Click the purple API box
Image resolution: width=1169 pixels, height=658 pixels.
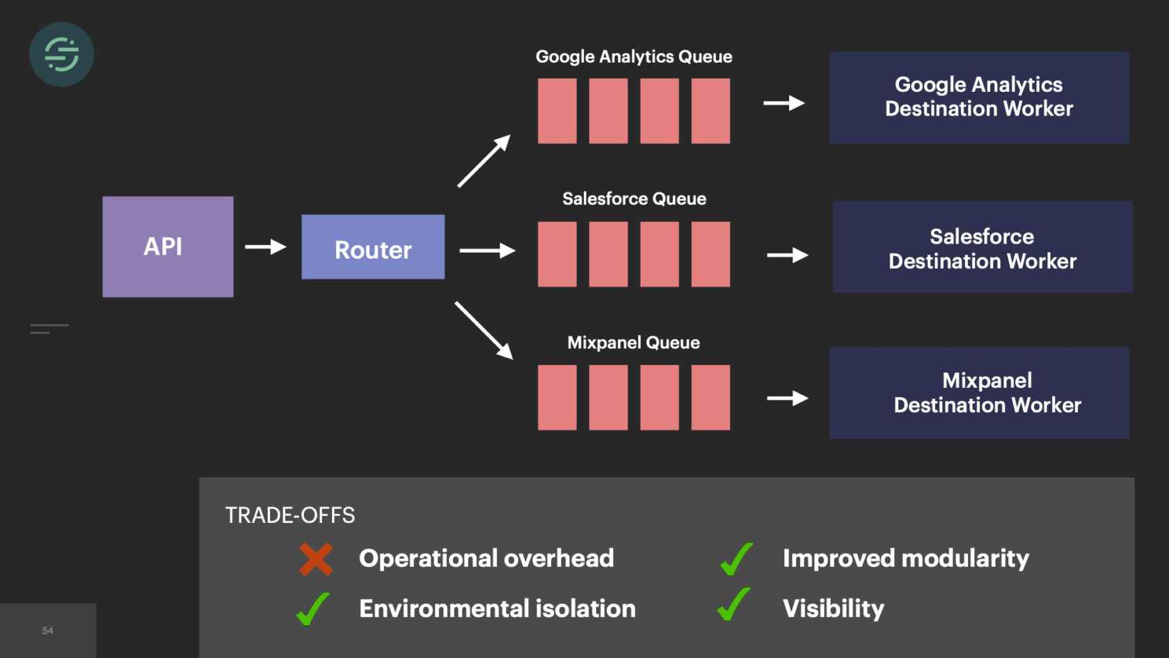click(x=168, y=246)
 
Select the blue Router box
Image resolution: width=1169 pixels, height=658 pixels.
click(x=373, y=247)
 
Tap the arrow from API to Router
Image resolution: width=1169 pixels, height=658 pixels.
click(x=265, y=246)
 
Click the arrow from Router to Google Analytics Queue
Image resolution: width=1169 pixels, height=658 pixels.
click(x=484, y=162)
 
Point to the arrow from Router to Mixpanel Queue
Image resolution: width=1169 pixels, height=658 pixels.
click(x=484, y=330)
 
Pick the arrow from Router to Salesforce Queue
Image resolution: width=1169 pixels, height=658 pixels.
click(x=487, y=251)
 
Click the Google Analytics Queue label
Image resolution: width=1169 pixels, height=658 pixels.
click(x=634, y=56)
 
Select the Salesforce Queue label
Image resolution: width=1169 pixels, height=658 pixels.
click(x=634, y=199)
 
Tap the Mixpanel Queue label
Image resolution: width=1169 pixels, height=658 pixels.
click(x=633, y=343)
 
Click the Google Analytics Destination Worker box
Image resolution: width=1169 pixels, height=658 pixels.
click(x=978, y=97)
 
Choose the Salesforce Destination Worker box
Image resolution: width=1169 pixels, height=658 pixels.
click(x=982, y=247)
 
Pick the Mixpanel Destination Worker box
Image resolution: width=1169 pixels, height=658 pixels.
click(x=979, y=393)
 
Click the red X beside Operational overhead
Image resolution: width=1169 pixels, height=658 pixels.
click(x=316, y=559)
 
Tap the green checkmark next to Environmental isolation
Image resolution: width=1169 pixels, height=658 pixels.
click(x=312, y=609)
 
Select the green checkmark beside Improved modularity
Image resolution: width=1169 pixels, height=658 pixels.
click(x=736, y=559)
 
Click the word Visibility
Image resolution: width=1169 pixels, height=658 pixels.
click(x=833, y=609)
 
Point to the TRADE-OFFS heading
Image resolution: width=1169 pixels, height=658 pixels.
click(x=289, y=515)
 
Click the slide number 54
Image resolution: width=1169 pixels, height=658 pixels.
click(x=47, y=631)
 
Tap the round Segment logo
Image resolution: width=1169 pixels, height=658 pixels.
click(x=61, y=54)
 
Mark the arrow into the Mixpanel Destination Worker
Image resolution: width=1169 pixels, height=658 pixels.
click(x=787, y=398)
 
